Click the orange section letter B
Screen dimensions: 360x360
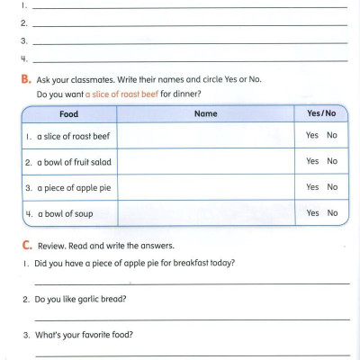26,79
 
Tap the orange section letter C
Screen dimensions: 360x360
26,245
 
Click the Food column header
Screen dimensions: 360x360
68,114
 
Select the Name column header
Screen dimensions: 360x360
205,114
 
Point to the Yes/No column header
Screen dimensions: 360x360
321,114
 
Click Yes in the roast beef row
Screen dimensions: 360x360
312,135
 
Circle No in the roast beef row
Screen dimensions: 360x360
332,135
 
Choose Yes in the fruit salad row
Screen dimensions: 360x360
312,161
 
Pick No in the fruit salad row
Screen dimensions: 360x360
332,161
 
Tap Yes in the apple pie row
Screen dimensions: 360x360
312,187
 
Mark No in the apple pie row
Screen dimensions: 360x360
332,187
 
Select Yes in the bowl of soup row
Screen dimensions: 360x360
312,213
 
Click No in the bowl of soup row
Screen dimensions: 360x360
332,213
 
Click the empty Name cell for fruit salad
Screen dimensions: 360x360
205,161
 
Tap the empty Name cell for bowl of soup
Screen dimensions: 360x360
205,213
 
